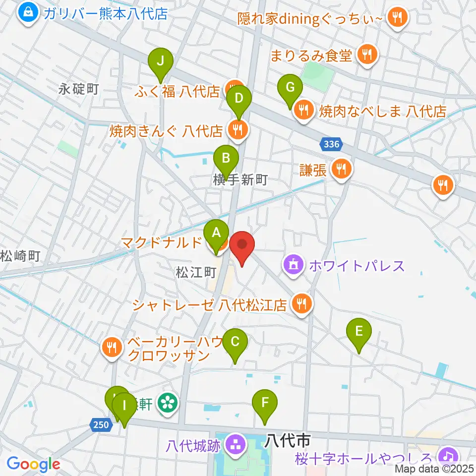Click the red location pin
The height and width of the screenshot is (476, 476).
point(242,245)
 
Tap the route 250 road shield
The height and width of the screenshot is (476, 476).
point(100,424)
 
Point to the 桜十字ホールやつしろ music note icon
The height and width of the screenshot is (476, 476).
point(449,455)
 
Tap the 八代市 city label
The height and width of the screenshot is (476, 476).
point(288,439)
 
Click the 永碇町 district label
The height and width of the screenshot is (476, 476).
point(79,89)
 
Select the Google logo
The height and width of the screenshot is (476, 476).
point(34,464)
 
